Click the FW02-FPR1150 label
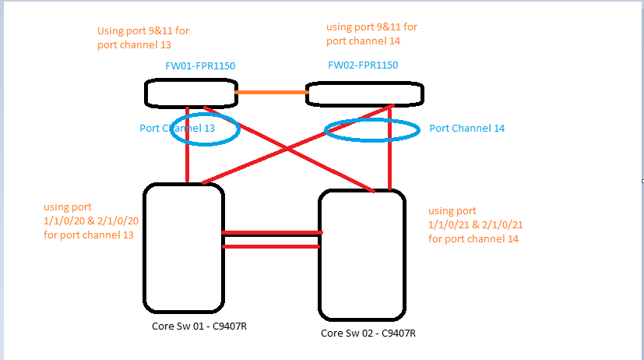point(362,65)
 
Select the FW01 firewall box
point(191,94)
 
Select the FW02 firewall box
point(365,94)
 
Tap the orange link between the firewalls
point(271,93)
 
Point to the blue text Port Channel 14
point(466,128)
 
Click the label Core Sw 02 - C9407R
point(368,333)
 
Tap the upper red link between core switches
point(271,232)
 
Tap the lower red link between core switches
point(271,246)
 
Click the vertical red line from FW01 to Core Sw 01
point(188,160)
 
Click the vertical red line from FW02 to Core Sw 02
point(389,160)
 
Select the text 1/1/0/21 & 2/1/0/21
point(476,225)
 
